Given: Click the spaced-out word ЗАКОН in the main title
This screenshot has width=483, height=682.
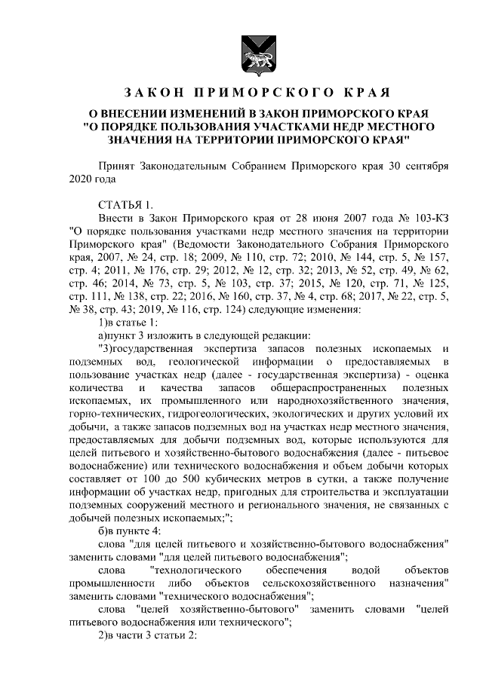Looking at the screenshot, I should point(154,93).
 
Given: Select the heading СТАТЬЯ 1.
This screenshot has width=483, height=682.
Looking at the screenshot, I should point(126,204).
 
